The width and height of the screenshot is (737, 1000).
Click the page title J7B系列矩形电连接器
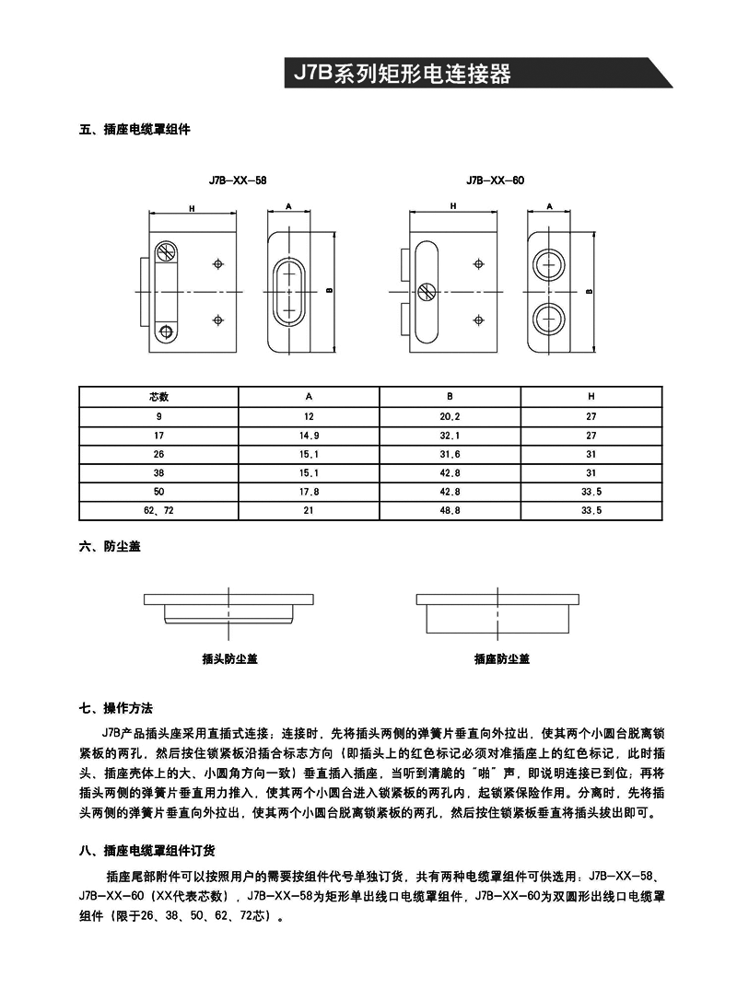tap(402, 74)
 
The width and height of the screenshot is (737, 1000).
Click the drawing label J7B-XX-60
tap(495, 181)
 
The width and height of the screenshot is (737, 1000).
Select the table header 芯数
tap(158, 397)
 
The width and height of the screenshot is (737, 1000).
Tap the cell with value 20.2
tap(450, 416)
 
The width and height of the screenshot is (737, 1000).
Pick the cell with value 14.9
tap(310, 435)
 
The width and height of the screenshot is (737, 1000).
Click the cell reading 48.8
tap(450, 510)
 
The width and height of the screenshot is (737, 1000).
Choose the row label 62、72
tap(158, 510)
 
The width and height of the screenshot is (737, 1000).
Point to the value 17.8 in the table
tap(310, 491)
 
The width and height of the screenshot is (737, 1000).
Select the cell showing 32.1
tap(450, 435)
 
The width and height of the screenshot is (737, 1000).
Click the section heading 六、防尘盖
tap(110, 546)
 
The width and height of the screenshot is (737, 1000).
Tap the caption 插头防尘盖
tap(230, 659)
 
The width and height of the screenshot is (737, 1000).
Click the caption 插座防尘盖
tap(502, 659)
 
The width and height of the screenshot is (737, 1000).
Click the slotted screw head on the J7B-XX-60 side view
tap(427, 292)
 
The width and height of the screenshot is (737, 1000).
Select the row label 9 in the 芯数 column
tap(158, 416)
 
